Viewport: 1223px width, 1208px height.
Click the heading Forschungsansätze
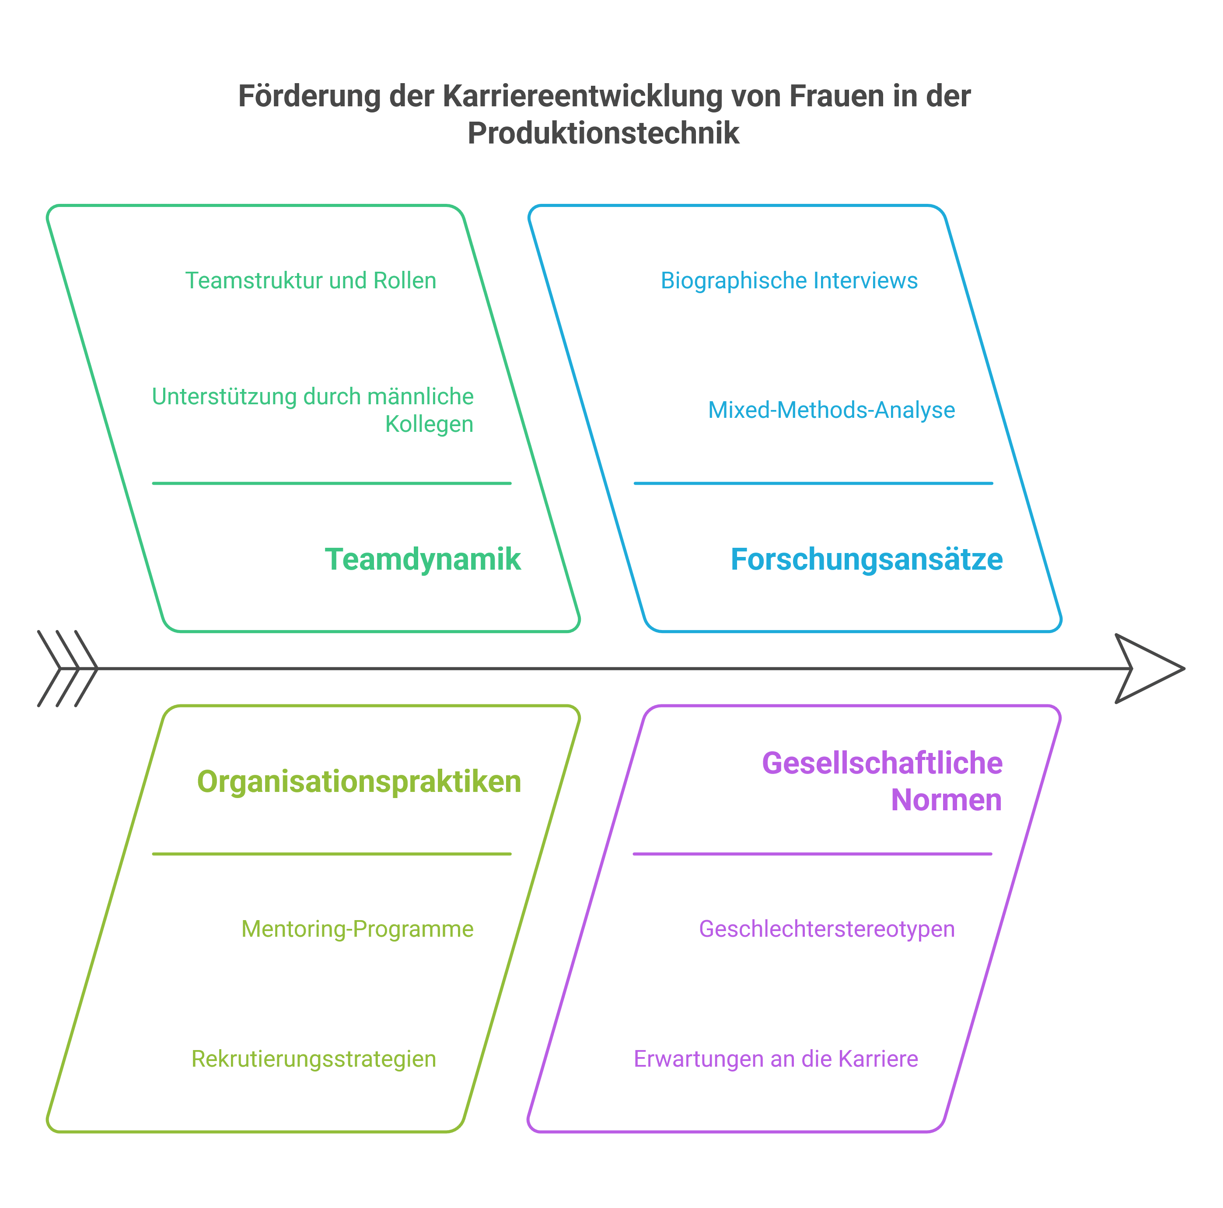point(866,559)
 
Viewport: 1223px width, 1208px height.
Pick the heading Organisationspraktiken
point(359,781)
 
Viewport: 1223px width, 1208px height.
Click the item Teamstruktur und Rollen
point(310,280)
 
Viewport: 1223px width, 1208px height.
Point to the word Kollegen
point(429,424)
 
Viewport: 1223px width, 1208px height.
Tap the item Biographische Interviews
point(789,280)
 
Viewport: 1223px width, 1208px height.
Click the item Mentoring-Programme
point(357,929)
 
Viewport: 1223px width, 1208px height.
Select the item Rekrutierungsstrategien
point(313,1058)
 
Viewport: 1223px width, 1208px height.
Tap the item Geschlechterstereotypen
point(826,929)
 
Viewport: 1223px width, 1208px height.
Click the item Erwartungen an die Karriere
point(776,1058)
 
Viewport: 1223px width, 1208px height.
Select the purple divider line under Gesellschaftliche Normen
point(812,854)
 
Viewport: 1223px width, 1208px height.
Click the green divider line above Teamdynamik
point(331,483)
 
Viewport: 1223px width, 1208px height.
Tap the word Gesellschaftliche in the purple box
point(882,763)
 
